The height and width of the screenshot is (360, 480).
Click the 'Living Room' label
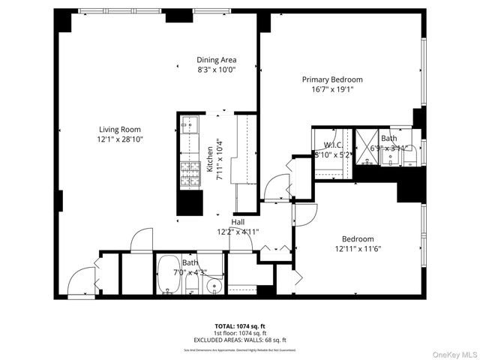tap(121, 130)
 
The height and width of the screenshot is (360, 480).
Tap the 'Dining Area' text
tap(217, 60)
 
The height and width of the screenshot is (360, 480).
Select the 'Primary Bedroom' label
tap(332, 79)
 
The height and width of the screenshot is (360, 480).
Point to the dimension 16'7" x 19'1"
tap(332, 89)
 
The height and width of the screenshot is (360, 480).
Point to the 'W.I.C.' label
tap(333, 145)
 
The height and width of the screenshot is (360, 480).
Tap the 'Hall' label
tap(238, 222)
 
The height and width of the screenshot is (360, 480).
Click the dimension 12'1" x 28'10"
tap(121, 139)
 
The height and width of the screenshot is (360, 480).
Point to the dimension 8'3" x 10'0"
tap(217, 70)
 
